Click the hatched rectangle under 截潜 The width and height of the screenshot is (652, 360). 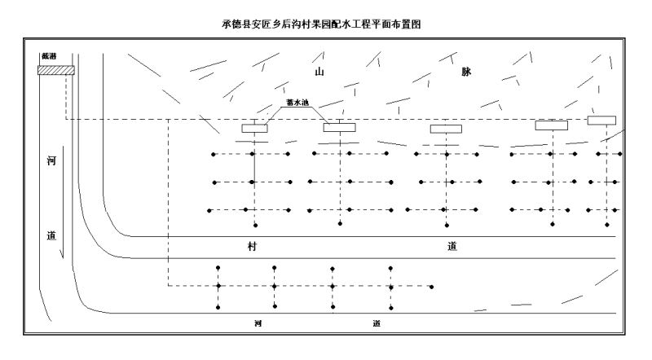(56, 70)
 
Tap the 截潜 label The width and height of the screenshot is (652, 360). (49, 56)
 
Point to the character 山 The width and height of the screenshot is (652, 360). (320, 72)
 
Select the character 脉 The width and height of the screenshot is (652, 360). (466, 72)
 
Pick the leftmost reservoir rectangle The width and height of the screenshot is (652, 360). (256, 128)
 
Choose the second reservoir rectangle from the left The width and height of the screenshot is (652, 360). (339, 127)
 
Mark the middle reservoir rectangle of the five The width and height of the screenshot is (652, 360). (446, 129)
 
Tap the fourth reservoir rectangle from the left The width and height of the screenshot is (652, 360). (551, 125)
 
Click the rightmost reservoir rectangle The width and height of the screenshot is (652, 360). (601, 121)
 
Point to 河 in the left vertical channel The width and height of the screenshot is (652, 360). (51, 161)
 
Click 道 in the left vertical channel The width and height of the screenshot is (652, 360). (51, 235)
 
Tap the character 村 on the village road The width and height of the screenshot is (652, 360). (252, 246)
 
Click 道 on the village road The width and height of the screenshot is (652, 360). (452, 246)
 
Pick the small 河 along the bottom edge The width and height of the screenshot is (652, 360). (258, 323)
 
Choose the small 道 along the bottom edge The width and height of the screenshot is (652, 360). (377, 323)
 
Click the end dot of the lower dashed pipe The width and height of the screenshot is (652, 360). (431, 287)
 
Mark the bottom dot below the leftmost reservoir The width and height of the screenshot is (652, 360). (256, 225)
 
